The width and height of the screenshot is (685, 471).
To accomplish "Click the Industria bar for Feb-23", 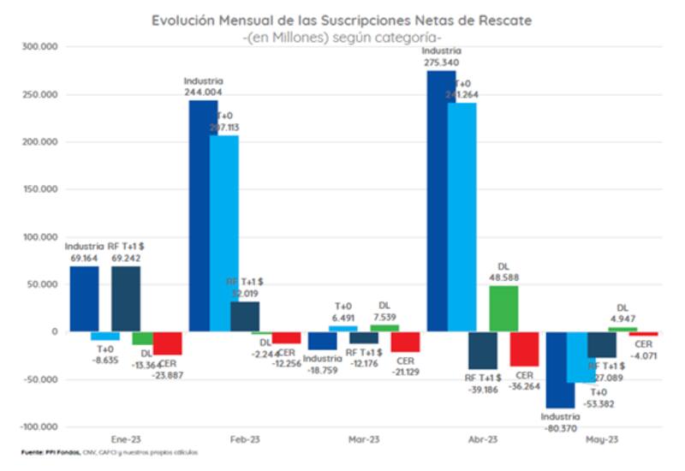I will pyautogui.click(x=203, y=215).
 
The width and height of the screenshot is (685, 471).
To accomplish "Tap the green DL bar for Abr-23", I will pyautogui.click(x=504, y=308).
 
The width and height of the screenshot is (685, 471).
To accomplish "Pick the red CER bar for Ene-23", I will pyautogui.click(x=167, y=343).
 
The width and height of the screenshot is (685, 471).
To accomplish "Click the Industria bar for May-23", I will pyautogui.click(x=560, y=369).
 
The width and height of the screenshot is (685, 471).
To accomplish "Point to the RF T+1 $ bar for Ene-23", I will pyautogui.click(x=126, y=299).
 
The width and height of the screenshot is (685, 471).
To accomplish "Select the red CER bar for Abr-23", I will pyautogui.click(x=524, y=349).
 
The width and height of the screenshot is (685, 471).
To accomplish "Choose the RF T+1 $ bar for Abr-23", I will pyautogui.click(x=483, y=350).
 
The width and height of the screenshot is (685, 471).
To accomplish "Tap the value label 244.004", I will pyautogui.click(x=203, y=92).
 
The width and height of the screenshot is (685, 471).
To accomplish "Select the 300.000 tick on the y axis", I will pyautogui.click(x=39, y=48).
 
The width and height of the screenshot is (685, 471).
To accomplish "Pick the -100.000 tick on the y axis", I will pyautogui.click(x=38, y=426).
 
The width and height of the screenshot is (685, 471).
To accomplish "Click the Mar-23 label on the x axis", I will pyautogui.click(x=364, y=440).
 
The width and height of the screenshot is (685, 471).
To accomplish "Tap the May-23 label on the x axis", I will pyautogui.click(x=603, y=440).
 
